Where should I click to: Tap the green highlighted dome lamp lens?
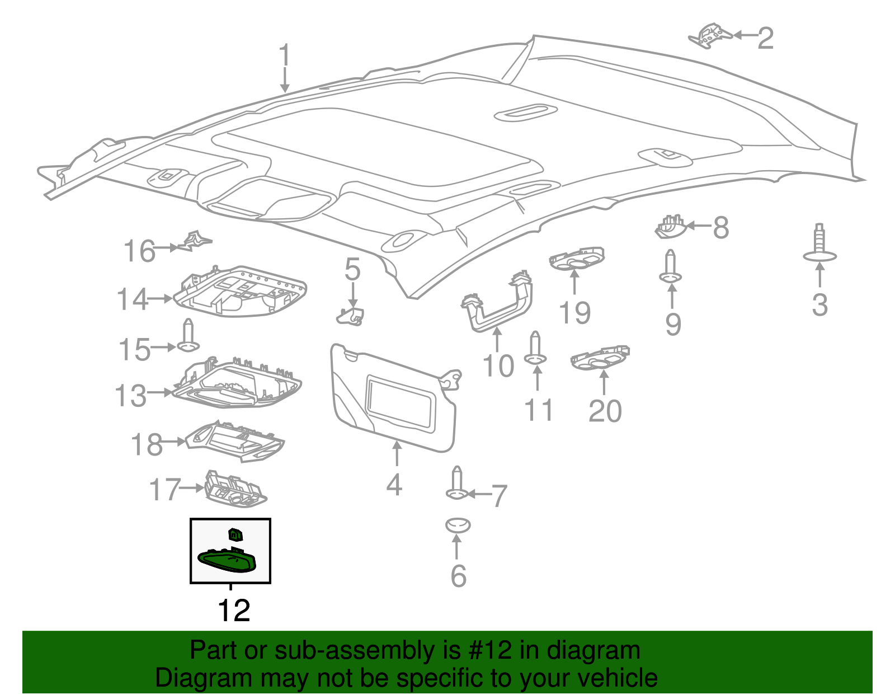(x=228, y=560)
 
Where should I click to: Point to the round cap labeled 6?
(x=458, y=526)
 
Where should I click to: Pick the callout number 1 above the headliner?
(x=285, y=56)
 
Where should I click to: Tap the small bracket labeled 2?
(x=709, y=36)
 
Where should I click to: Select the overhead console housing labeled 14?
(x=241, y=291)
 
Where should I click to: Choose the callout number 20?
(x=605, y=411)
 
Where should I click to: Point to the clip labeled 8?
(x=670, y=227)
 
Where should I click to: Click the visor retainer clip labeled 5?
(x=351, y=316)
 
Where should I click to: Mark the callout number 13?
(x=131, y=396)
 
